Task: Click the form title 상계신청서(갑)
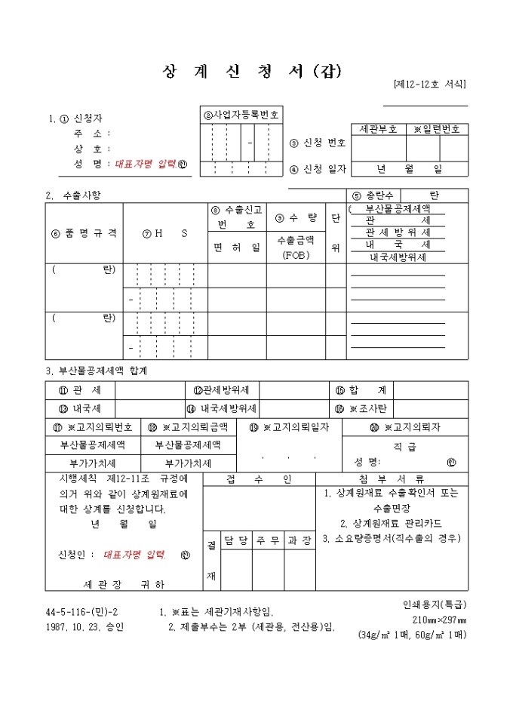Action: click(252, 72)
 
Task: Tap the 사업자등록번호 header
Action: click(241, 115)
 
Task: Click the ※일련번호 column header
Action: click(437, 129)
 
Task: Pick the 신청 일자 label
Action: click(318, 168)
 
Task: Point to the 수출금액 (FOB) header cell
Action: click(295, 247)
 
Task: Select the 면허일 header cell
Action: click(237, 248)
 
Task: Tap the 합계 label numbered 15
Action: click(361, 389)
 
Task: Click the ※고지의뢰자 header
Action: click(405, 427)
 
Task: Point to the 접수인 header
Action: click(259, 478)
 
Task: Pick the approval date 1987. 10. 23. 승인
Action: click(84, 626)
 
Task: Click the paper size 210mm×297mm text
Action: click(439, 619)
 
